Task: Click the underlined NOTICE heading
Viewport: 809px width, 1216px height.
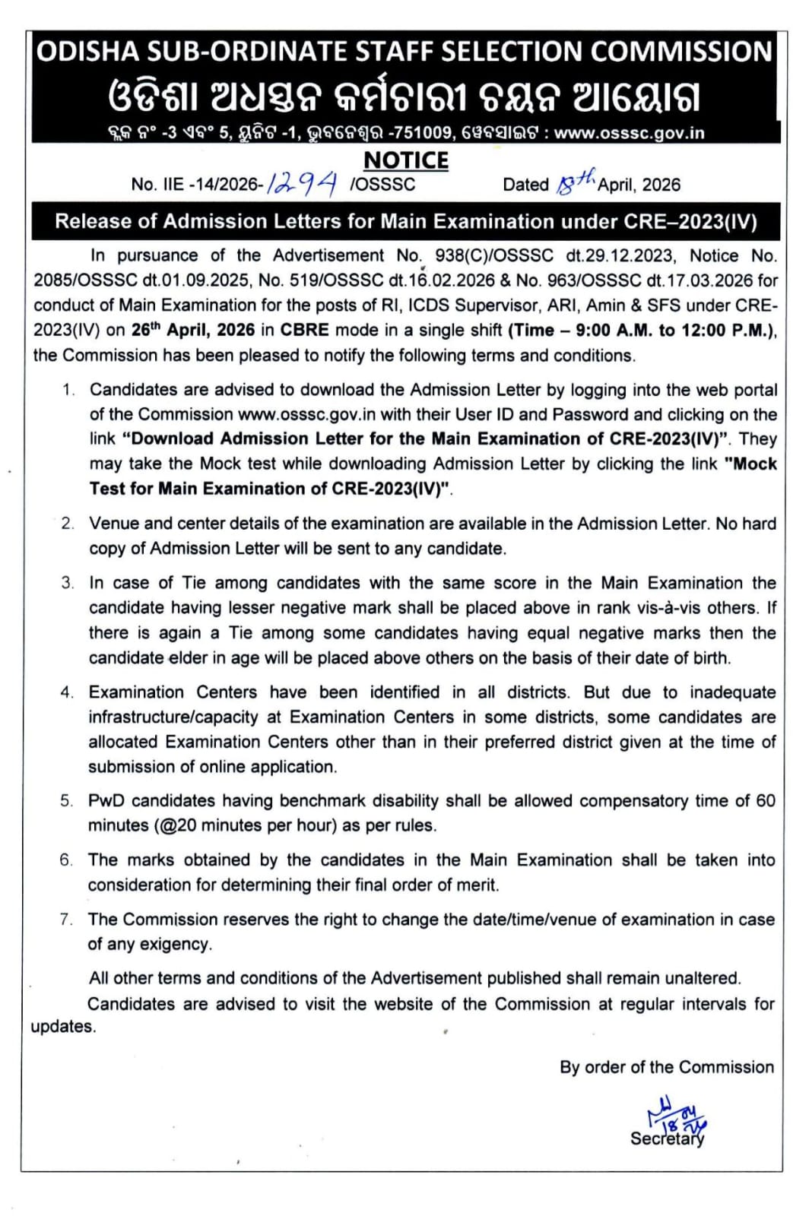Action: point(406,160)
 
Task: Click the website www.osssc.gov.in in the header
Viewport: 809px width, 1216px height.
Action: point(629,133)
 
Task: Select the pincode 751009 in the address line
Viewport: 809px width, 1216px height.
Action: point(421,133)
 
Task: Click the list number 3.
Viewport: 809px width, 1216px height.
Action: point(68,583)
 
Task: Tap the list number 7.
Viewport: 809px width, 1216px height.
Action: point(66,920)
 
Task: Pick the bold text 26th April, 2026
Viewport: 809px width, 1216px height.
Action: point(192,330)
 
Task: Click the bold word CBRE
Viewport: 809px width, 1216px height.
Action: point(304,331)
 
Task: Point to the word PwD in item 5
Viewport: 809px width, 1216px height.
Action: point(106,801)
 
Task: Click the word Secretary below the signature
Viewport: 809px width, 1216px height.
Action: point(667,1138)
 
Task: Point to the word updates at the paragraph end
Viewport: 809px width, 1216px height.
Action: point(62,1027)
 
